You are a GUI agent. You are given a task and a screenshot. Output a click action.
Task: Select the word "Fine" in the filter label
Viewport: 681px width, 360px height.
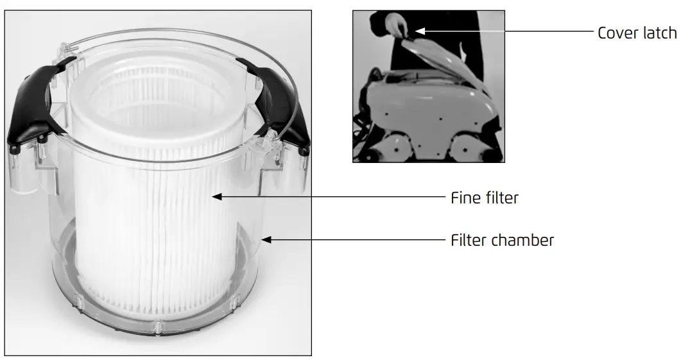[x=465, y=198]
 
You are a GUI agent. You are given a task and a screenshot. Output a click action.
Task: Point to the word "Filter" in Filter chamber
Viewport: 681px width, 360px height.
[x=469, y=241]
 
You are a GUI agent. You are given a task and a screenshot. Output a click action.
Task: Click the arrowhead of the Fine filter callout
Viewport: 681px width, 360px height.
[x=217, y=197]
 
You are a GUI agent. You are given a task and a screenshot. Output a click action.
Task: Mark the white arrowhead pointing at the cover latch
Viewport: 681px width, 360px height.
[x=419, y=30]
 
